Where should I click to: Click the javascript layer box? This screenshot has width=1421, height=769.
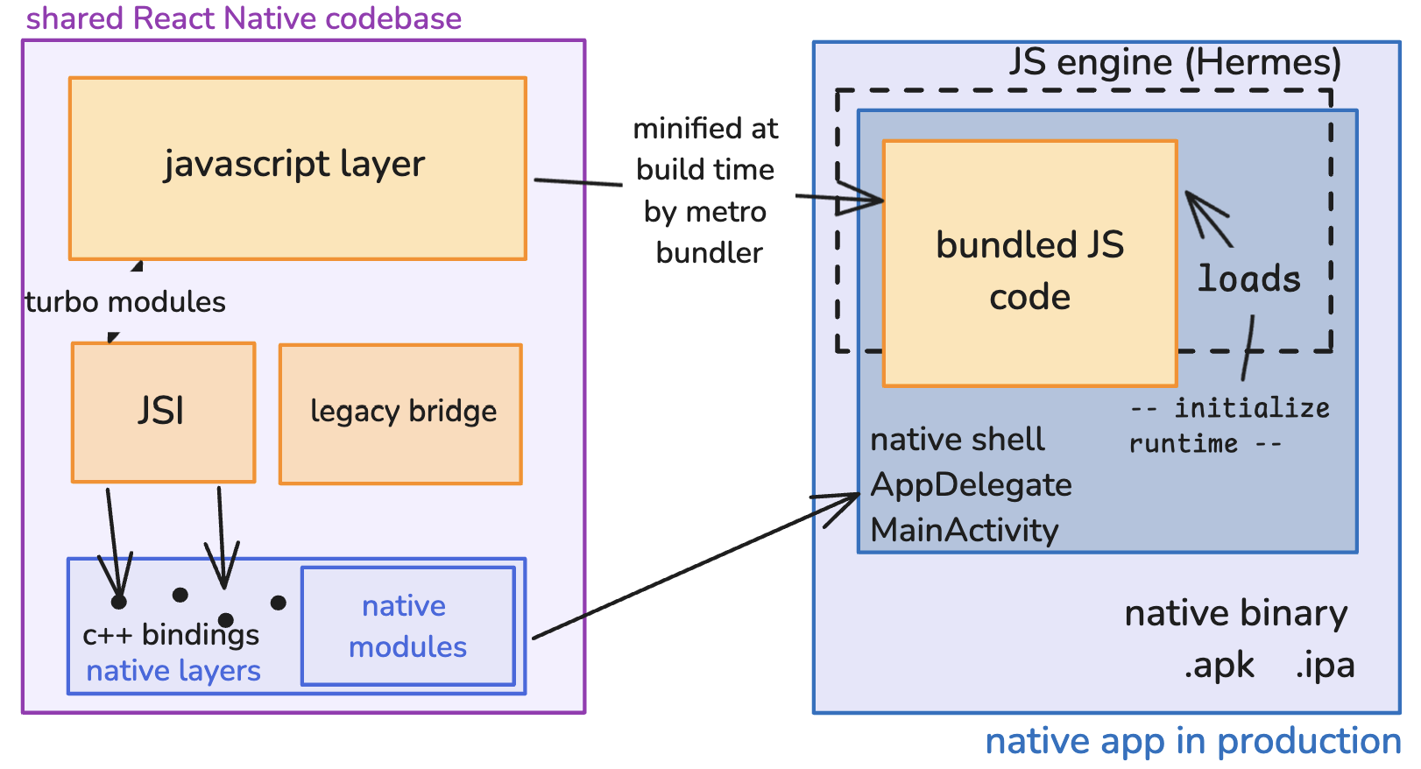coord(298,167)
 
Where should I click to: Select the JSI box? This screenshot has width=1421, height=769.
coord(163,412)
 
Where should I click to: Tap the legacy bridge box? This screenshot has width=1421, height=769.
coord(401,413)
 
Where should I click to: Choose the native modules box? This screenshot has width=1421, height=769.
coord(408,626)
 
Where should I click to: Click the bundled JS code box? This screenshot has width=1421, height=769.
coord(1029,263)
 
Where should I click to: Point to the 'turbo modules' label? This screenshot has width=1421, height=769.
coord(125,302)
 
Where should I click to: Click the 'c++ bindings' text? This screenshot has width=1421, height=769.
coord(171,635)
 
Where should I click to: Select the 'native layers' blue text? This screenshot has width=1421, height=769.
coord(173,671)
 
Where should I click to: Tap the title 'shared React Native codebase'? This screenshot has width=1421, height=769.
coord(244,18)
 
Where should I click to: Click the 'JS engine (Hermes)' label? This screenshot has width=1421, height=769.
coord(1175,62)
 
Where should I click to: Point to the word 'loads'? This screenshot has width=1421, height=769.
coord(1249,279)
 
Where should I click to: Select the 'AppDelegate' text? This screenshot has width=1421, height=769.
coord(971,485)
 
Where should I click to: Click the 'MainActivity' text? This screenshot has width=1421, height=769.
coord(965,531)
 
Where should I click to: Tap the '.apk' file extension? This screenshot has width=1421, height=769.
coord(1219,667)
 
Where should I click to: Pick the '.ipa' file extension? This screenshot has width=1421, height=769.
coord(1325,667)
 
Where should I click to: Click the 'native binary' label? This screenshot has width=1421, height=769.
coord(1235,614)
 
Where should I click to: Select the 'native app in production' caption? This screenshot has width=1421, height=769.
coord(1192,742)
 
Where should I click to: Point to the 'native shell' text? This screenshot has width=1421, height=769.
coord(957,440)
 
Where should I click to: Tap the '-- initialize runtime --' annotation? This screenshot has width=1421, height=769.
coord(1229,426)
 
